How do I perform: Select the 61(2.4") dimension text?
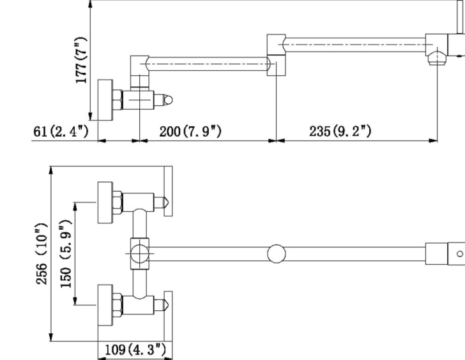pyautogui.click(x=61, y=131)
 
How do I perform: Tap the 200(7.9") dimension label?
pyautogui.click(x=190, y=131)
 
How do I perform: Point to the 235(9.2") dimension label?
pyautogui.click(x=340, y=131)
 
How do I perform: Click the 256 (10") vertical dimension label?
pyautogui.click(x=42, y=254)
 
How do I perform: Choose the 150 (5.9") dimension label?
pyautogui.click(x=65, y=254)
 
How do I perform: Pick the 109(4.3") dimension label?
pyautogui.click(x=135, y=349)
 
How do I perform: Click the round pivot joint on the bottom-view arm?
pyautogui.click(x=276, y=253)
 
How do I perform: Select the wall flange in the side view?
pyautogui.click(x=105, y=100)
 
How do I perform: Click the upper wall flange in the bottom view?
pyautogui.click(x=105, y=203)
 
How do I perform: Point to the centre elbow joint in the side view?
pyautogui.click(x=277, y=55)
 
